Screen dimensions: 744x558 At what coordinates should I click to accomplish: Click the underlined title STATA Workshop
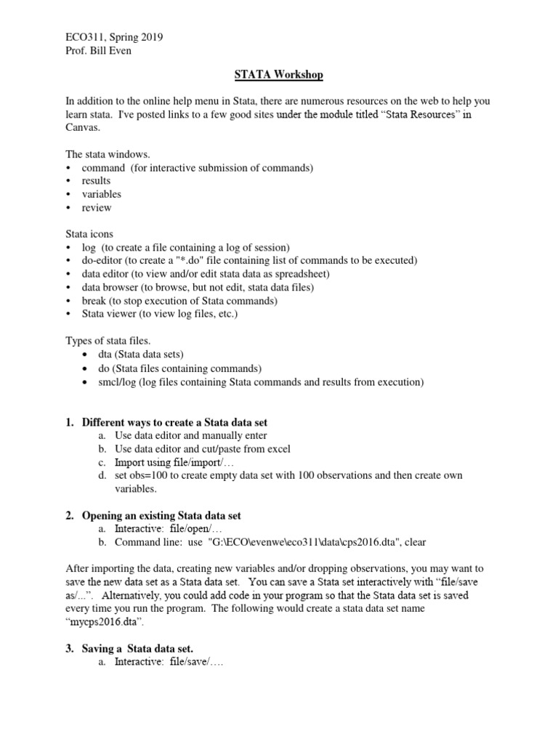tap(279, 75)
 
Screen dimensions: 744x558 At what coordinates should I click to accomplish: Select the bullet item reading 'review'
tap(97, 208)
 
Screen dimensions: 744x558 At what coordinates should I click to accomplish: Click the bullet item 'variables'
tap(102, 194)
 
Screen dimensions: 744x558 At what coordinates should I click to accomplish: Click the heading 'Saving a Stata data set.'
tap(137, 648)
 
